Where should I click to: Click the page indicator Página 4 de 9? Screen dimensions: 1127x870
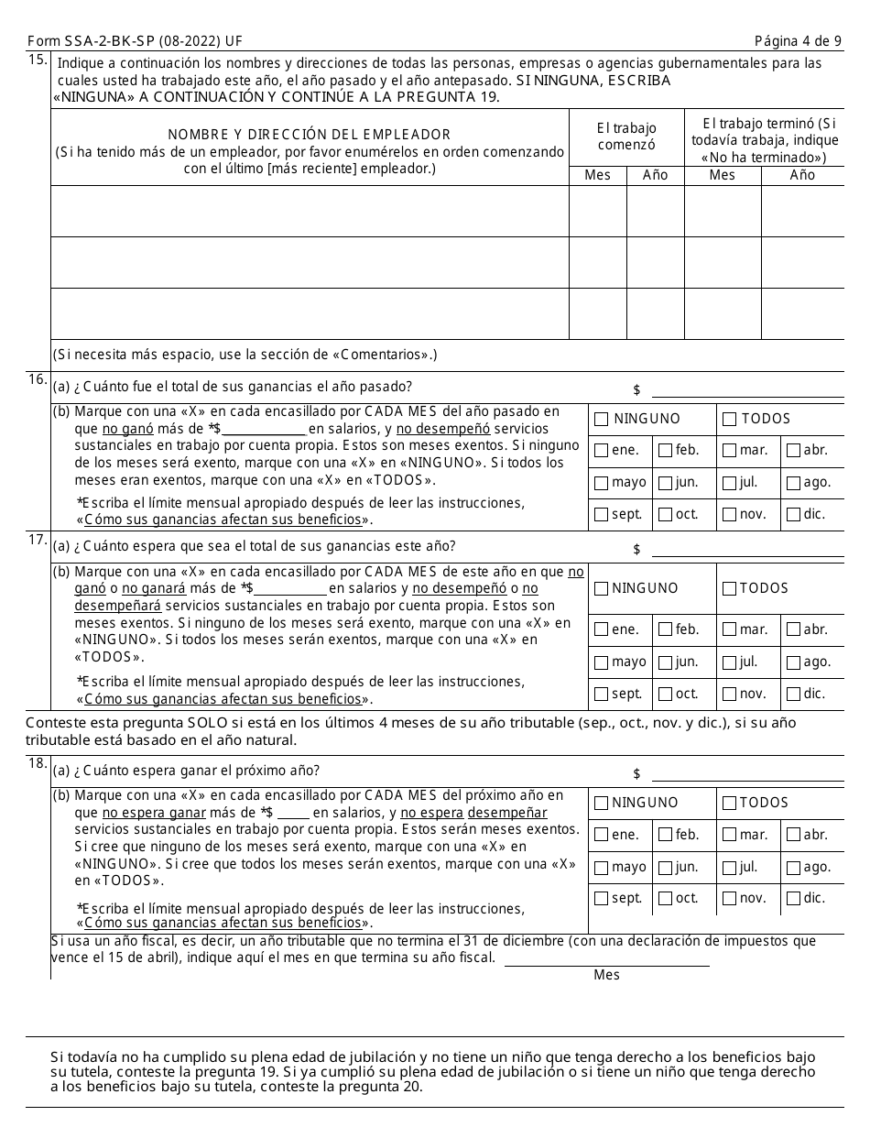[x=798, y=41]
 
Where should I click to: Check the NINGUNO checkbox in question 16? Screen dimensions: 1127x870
[x=601, y=420]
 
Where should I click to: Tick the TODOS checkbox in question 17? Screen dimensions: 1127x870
[x=729, y=588]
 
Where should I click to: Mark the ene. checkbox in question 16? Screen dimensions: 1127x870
[x=601, y=450]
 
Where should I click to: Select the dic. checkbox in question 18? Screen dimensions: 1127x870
[x=793, y=898]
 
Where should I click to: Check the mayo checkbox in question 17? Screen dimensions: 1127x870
[x=601, y=662]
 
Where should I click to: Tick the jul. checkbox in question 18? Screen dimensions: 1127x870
[x=729, y=867]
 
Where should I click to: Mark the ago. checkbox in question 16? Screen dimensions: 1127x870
[x=793, y=482]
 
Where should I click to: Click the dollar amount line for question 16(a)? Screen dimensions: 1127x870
[x=746, y=391]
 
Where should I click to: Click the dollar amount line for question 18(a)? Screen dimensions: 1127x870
[x=746, y=774]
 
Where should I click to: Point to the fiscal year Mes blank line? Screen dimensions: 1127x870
[x=606, y=958]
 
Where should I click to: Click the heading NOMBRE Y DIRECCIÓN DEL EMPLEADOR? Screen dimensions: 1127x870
[x=309, y=135]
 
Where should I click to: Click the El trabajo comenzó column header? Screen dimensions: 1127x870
[x=626, y=137]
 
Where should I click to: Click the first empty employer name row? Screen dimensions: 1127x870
[x=309, y=212]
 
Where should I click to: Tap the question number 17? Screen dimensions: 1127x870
[x=38, y=540]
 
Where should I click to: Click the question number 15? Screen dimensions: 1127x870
[x=38, y=60]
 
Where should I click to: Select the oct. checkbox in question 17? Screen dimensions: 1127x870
[x=665, y=694]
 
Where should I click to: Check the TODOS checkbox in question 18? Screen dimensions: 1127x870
[x=729, y=804]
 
